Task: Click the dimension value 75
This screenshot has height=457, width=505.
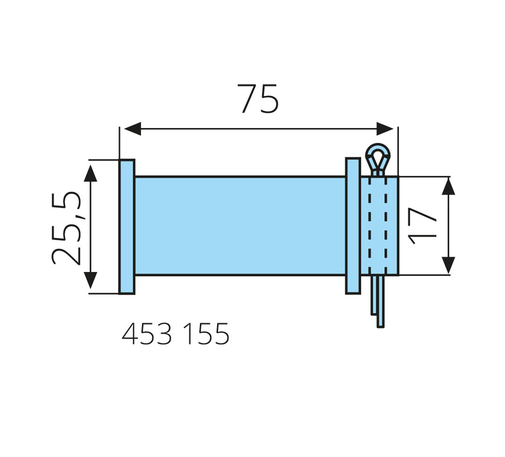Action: pyautogui.click(x=258, y=98)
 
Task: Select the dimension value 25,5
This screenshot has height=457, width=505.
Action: pyautogui.click(x=66, y=228)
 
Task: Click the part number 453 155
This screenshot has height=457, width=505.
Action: pyautogui.click(x=175, y=334)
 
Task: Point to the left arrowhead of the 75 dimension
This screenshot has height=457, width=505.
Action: pyautogui.click(x=132, y=129)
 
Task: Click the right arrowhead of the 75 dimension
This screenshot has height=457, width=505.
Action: pyautogui.click(x=385, y=129)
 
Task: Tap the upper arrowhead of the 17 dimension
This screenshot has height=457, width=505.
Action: pyautogui.click(x=448, y=187)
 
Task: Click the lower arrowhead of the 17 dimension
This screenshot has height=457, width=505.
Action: pyautogui.click(x=448, y=265)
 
